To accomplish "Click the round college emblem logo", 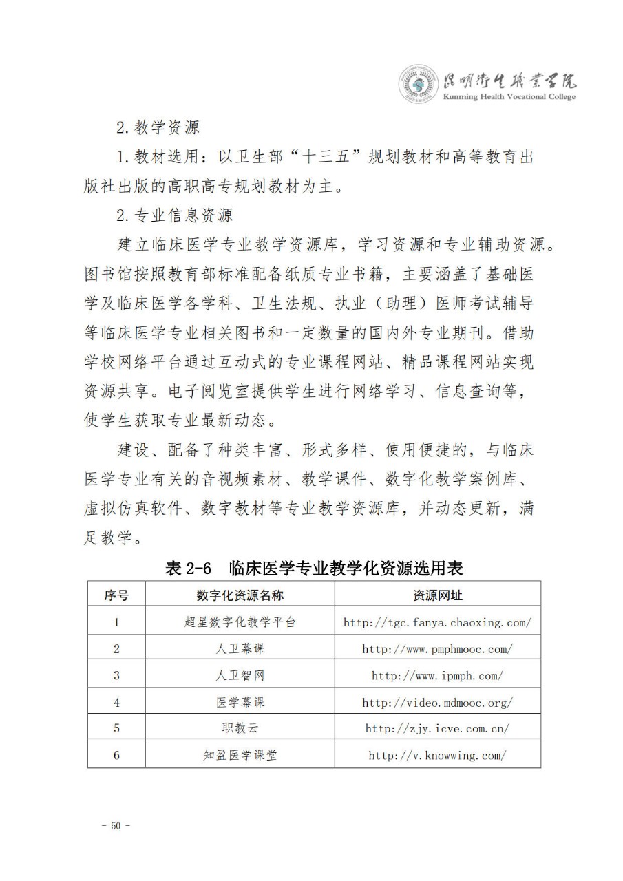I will (417, 85).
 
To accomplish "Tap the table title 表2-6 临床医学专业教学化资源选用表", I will (313, 568).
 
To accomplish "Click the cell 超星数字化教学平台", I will (240, 622).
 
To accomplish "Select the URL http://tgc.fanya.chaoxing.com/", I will (437, 622).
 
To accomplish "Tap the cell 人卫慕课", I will (240, 649).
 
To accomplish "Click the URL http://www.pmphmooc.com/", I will (437, 649).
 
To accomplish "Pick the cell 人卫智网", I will (240, 676).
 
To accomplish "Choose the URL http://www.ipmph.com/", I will (437, 676).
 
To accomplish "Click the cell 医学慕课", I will (240, 703).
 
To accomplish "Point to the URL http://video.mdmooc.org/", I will (437, 703).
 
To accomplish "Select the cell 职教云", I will (240, 728).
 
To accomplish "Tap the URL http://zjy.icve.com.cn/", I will (437, 728).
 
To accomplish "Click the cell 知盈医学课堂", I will (240, 755).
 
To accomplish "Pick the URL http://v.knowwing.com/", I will (437, 755).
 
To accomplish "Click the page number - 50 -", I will (116, 826).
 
